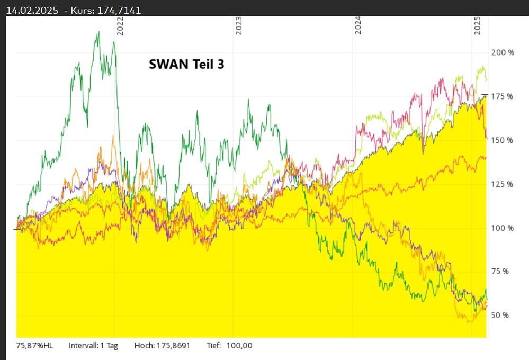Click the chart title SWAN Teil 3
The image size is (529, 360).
[186, 64]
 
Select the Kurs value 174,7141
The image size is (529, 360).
[120, 10]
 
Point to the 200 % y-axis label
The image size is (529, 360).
[503, 53]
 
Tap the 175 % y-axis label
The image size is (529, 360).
[503, 96]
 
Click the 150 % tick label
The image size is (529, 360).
[503, 140]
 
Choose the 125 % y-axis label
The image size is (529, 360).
[503, 184]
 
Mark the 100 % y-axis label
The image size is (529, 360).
[503, 228]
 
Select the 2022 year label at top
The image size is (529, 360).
[120, 26]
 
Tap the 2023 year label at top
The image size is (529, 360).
[239, 26]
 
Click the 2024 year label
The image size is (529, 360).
[358, 26]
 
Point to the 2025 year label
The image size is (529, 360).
[477, 26]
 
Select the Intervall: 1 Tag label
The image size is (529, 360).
[93, 346]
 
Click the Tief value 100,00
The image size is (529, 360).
[239, 346]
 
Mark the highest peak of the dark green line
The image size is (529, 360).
[98, 32]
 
